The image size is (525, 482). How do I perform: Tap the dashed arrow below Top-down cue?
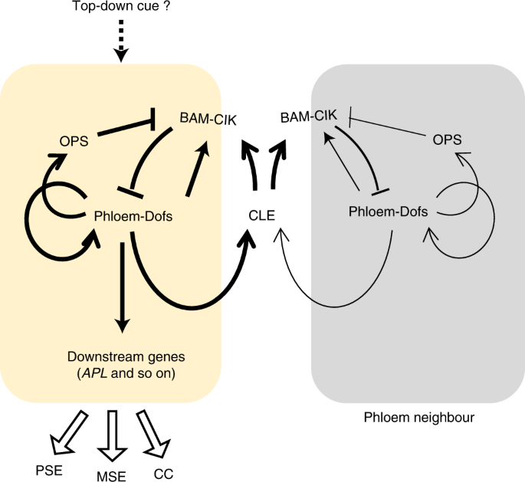[x=121, y=41]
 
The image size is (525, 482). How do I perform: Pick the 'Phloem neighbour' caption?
[x=418, y=418]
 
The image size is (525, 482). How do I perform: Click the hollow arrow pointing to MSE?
[x=112, y=432]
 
